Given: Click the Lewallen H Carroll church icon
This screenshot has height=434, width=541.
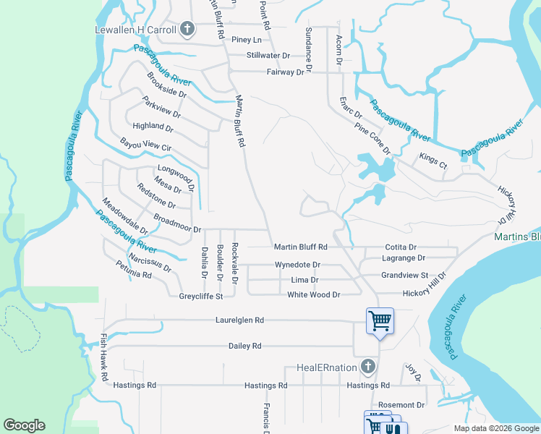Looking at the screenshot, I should [187, 29].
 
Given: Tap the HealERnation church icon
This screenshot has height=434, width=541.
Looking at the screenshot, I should [368, 367].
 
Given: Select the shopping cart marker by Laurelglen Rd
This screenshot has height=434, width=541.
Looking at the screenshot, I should [380, 320].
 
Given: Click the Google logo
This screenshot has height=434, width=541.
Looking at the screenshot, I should [24, 425].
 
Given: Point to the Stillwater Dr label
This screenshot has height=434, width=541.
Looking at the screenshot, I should [268, 55].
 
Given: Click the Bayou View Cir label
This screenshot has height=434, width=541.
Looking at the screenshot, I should [145, 145].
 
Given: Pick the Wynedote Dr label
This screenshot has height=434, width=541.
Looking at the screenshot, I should [297, 265].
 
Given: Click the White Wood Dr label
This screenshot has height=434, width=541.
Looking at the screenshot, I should [313, 295].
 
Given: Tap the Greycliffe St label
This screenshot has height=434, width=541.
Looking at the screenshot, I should [201, 296].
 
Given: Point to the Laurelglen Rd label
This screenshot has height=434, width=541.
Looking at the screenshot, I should [239, 320].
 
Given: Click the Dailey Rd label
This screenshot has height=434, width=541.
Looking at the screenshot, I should [244, 346].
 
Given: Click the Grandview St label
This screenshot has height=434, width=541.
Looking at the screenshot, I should [405, 276].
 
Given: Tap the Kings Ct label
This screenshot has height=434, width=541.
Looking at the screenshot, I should [433, 161].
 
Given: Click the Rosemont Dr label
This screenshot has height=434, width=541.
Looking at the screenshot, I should [401, 405].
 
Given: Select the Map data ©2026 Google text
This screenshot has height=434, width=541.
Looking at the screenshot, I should [495, 428].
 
